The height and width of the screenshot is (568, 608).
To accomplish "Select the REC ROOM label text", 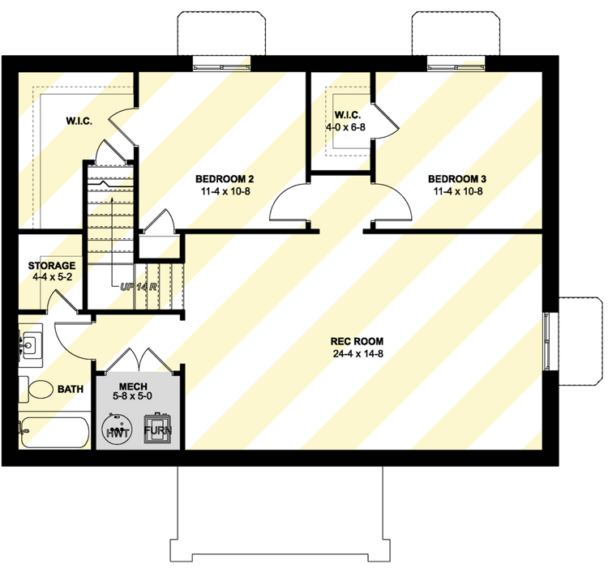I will coord(362,341).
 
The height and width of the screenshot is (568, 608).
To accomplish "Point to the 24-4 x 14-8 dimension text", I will coord(362,354).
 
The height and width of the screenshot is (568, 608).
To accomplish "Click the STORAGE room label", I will coord(51,266).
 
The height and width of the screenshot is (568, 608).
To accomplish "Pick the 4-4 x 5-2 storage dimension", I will coord(51,278).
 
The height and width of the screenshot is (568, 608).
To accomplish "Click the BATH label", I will coord(71,390).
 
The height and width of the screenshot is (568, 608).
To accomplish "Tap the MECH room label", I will coord(132,386).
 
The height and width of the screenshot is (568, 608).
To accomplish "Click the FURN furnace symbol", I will coord(158,429).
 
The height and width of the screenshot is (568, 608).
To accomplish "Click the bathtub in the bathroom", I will coord(54,431).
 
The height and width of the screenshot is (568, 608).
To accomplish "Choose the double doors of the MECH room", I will coord(136,362).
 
